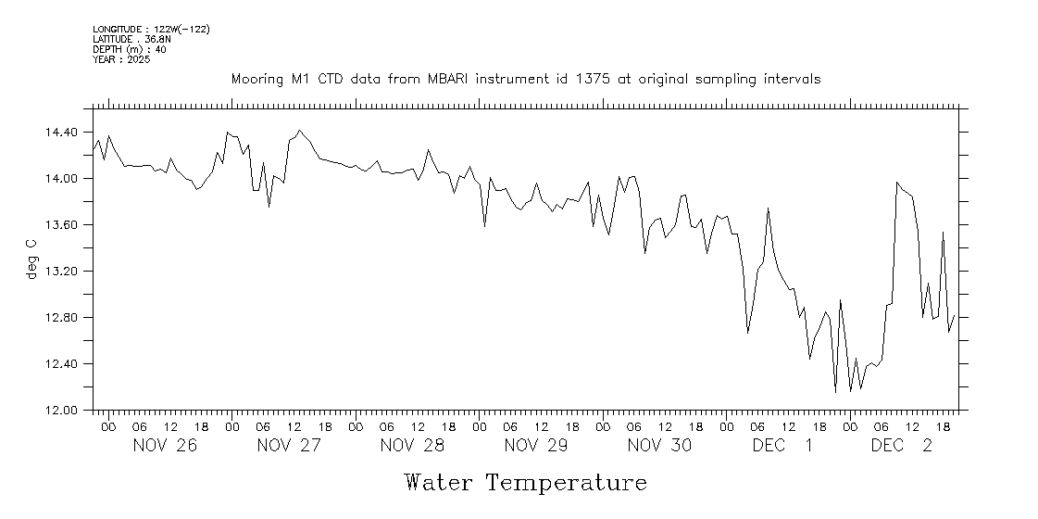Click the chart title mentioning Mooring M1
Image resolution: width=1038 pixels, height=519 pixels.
coord(525,80)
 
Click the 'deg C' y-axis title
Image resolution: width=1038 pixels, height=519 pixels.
coord(31,259)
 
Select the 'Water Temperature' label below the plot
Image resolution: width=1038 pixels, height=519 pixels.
coord(525,483)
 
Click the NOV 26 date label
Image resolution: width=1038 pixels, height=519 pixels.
coord(165,446)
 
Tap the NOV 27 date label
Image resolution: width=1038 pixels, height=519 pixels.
coord(289,446)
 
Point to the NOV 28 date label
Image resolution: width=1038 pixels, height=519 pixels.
coord(412,446)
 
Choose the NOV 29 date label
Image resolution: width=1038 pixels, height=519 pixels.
coord(536,446)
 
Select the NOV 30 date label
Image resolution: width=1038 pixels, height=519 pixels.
coord(659,446)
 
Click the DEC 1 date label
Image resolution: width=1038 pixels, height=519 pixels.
coord(783,446)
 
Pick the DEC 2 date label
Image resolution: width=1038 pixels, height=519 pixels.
coord(902,446)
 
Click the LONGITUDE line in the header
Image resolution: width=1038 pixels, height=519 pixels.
coord(151,30)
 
